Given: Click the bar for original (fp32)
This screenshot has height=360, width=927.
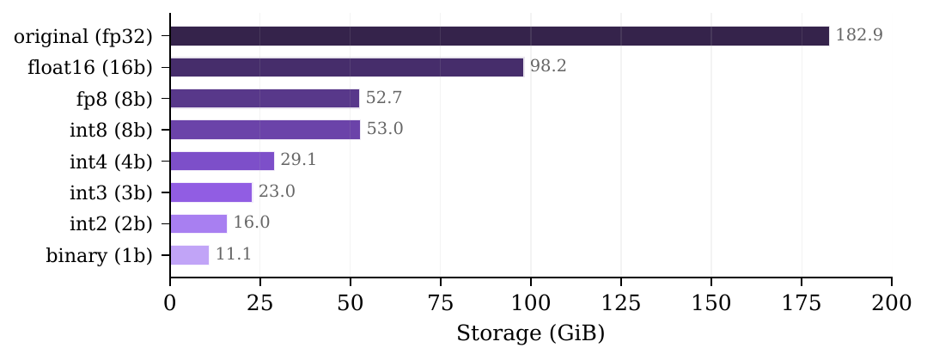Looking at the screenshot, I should (499, 36).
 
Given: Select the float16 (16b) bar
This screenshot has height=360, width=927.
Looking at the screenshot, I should (347, 67).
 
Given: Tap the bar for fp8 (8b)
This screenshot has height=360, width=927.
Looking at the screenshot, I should (265, 99).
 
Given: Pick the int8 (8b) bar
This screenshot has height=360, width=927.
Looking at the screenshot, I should (265, 130).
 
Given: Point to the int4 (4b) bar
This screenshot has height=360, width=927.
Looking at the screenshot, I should (223, 161).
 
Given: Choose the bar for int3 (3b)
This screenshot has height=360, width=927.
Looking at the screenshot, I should (211, 192).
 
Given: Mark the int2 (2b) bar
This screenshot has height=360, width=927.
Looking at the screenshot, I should (198, 223).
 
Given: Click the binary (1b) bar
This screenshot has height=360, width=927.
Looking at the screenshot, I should (190, 255).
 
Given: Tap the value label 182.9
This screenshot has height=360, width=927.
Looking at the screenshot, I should (859, 36).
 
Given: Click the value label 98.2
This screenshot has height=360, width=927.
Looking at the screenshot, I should (548, 67).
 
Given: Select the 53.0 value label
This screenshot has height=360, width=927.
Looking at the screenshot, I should (385, 130).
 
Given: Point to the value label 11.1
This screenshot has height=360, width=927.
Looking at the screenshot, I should (233, 255).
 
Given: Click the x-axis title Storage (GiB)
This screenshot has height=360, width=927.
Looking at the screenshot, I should (530, 333).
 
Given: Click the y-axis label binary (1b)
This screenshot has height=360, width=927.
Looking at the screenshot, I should (98, 255).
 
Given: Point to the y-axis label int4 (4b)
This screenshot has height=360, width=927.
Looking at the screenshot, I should (111, 161).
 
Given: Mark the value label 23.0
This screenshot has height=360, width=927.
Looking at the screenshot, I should (277, 192).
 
